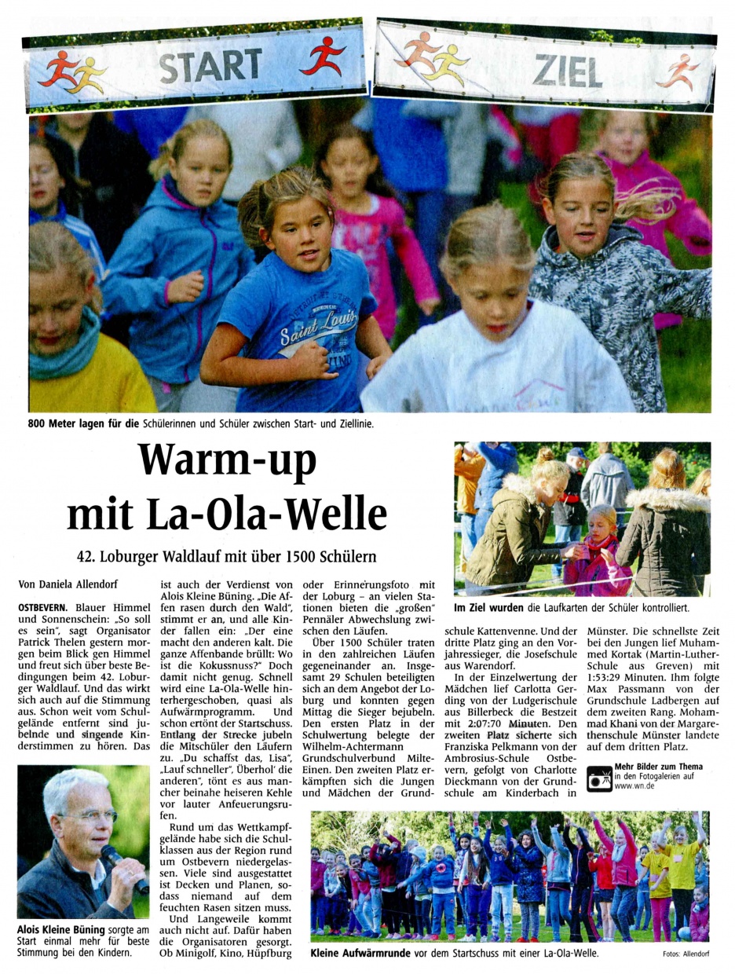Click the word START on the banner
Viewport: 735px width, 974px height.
point(210,65)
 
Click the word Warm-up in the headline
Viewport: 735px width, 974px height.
point(227,461)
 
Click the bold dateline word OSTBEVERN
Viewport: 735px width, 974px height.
point(42,607)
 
